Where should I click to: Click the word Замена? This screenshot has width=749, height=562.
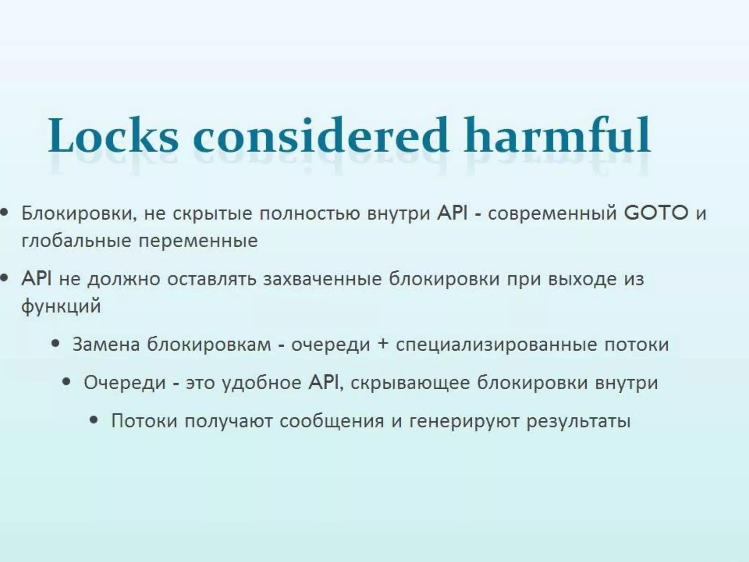point(106,345)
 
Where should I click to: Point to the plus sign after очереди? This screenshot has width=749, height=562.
point(383,345)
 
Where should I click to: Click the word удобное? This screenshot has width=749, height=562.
point(262,383)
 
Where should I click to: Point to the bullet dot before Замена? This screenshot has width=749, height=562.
point(56,344)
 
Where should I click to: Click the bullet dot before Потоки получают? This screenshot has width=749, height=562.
point(94,420)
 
